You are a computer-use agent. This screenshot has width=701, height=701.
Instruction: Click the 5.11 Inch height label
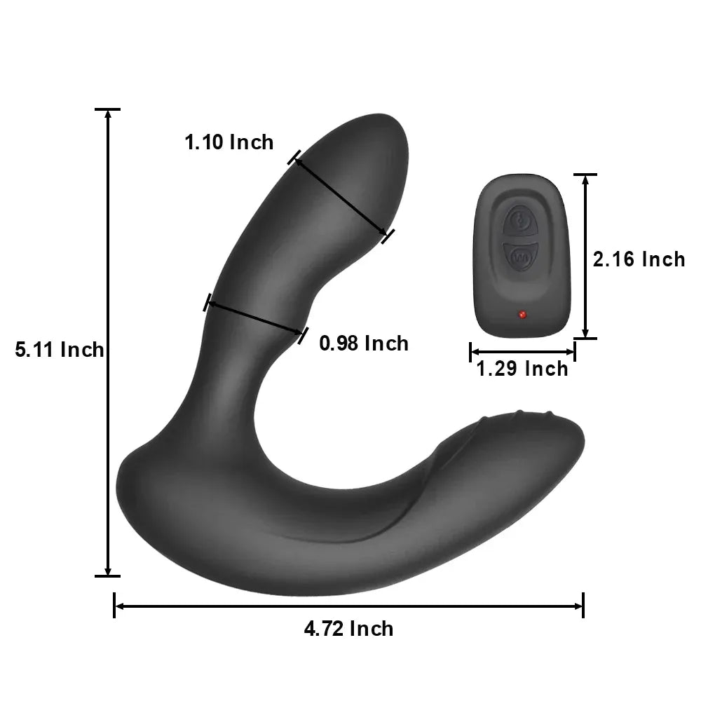pos(60,349)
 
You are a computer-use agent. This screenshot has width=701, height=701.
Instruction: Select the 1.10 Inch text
pos(229,142)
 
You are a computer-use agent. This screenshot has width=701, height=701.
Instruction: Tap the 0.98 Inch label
pos(363,343)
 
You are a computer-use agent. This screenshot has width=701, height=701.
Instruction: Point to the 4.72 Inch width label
pos(348,628)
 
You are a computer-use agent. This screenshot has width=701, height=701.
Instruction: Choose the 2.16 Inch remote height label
pos(639,259)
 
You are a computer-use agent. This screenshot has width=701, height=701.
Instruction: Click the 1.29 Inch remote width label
pos(522,369)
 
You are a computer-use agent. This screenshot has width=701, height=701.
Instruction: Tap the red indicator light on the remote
pos(521,315)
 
